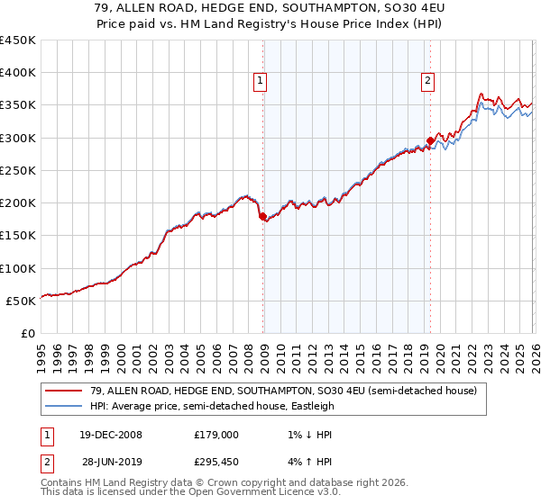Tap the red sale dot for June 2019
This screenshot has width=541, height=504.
pos(430,140)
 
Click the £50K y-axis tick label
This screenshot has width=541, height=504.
pos(22,301)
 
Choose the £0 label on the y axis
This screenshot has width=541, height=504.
pos(29,333)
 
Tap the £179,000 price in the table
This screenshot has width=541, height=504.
pos(216,434)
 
